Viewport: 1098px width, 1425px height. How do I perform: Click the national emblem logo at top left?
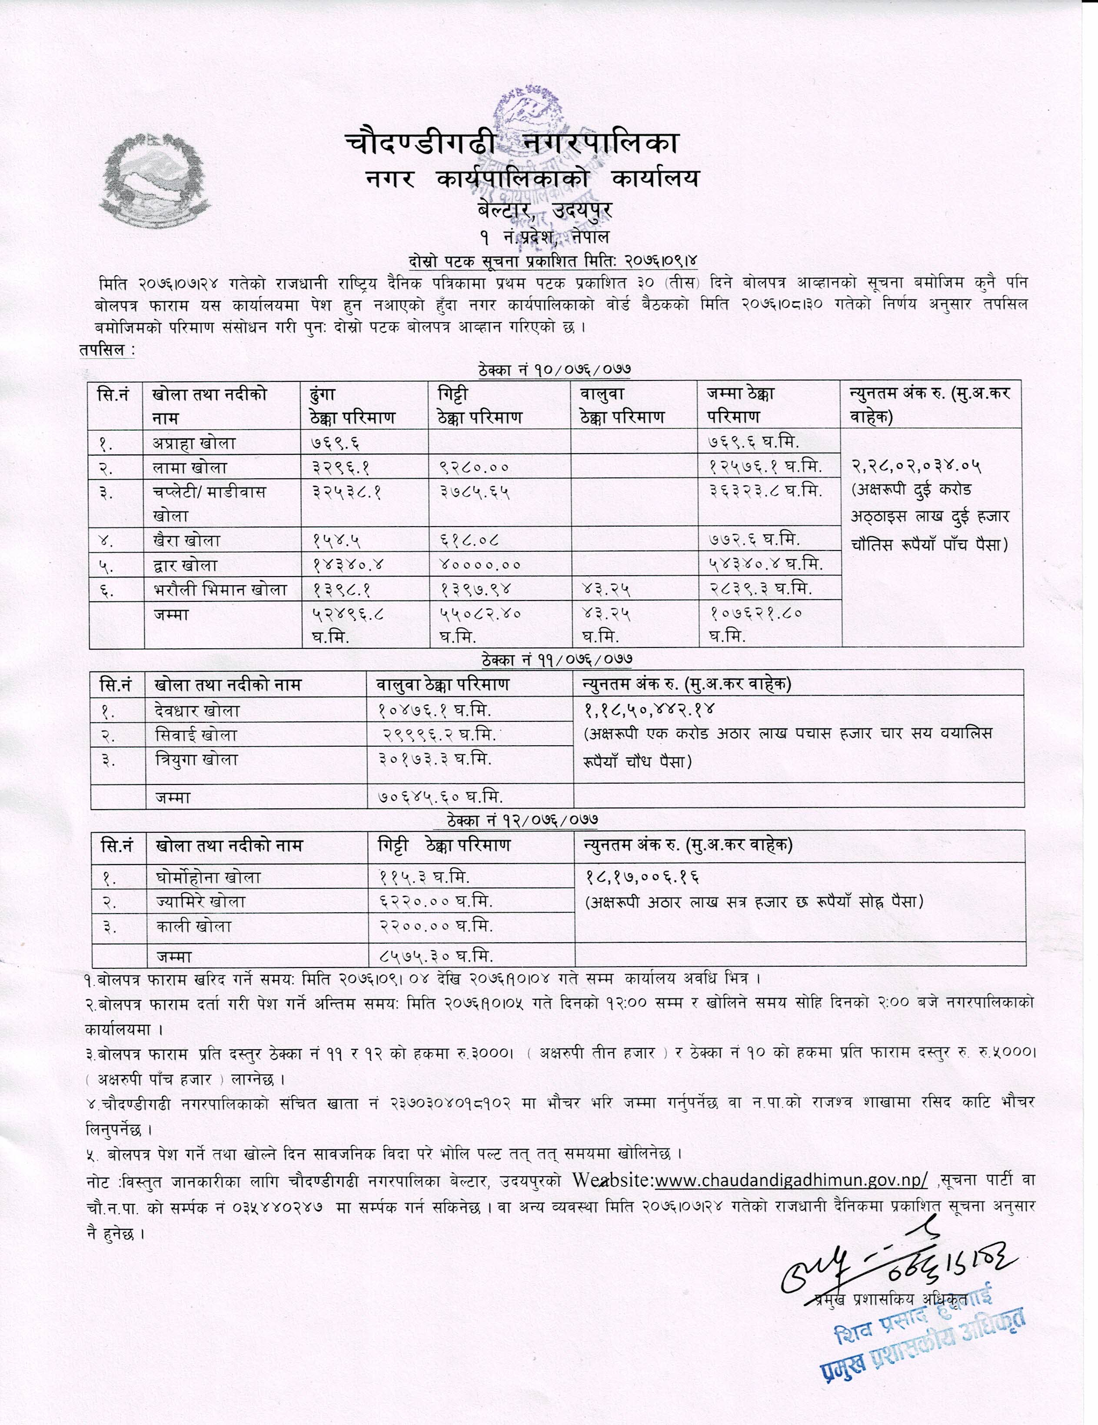pyautogui.click(x=155, y=178)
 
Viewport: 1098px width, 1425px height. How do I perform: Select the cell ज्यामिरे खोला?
pyautogui.click(x=201, y=902)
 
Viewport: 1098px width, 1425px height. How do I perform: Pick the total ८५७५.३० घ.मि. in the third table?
pyautogui.click(x=435, y=957)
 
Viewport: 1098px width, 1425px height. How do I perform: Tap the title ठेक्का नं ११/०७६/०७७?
pyautogui.click(x=556, y=660)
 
